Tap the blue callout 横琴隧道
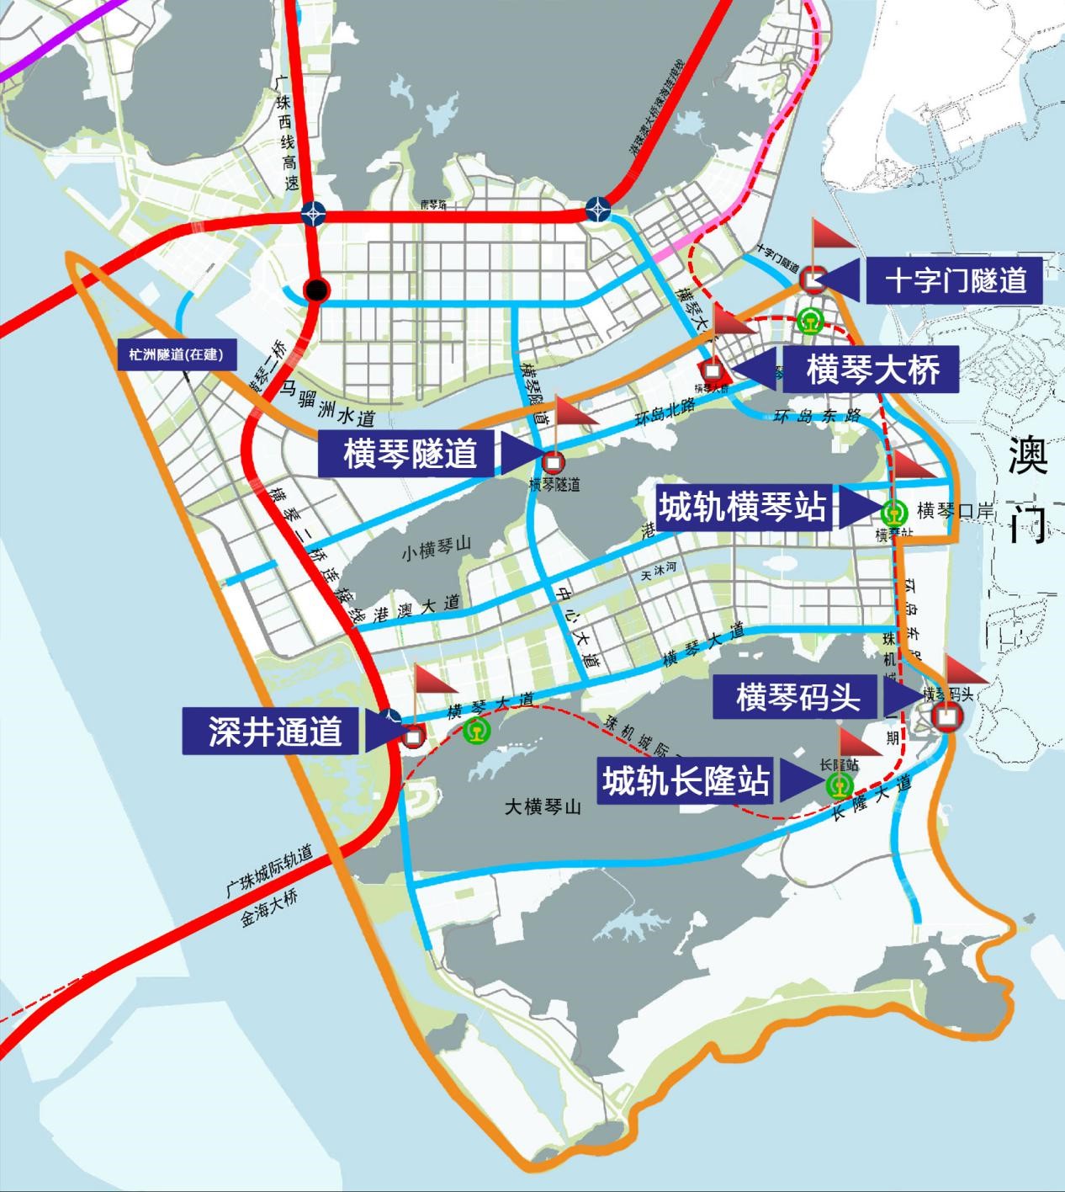pyautogui.click(x=410, y=455)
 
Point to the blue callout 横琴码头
pyautogui.click(x=797, y=697)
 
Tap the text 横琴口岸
pyautogui.click(x=956, y=510)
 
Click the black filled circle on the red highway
pyautogui.click(x=315, y=290)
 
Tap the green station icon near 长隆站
pyautogui.click(x=840, y=785)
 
